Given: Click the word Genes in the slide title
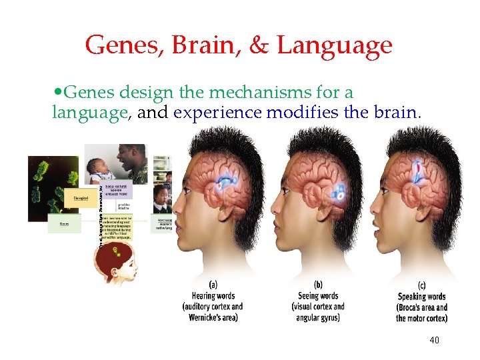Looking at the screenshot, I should point(117,46).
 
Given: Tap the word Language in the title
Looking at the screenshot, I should point(335,46).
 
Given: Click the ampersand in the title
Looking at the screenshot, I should point(259,46).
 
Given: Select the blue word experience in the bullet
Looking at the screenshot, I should point(217,113).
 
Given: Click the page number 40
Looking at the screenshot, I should point(435,341).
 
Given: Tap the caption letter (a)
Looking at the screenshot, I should point(213,285).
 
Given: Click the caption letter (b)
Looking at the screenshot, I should point(318,285).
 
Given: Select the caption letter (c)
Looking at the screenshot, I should point(421,285).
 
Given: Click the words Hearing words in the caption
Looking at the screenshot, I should point(213,295).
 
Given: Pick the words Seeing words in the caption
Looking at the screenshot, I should point(318,295).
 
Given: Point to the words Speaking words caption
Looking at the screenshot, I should point(421,297).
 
